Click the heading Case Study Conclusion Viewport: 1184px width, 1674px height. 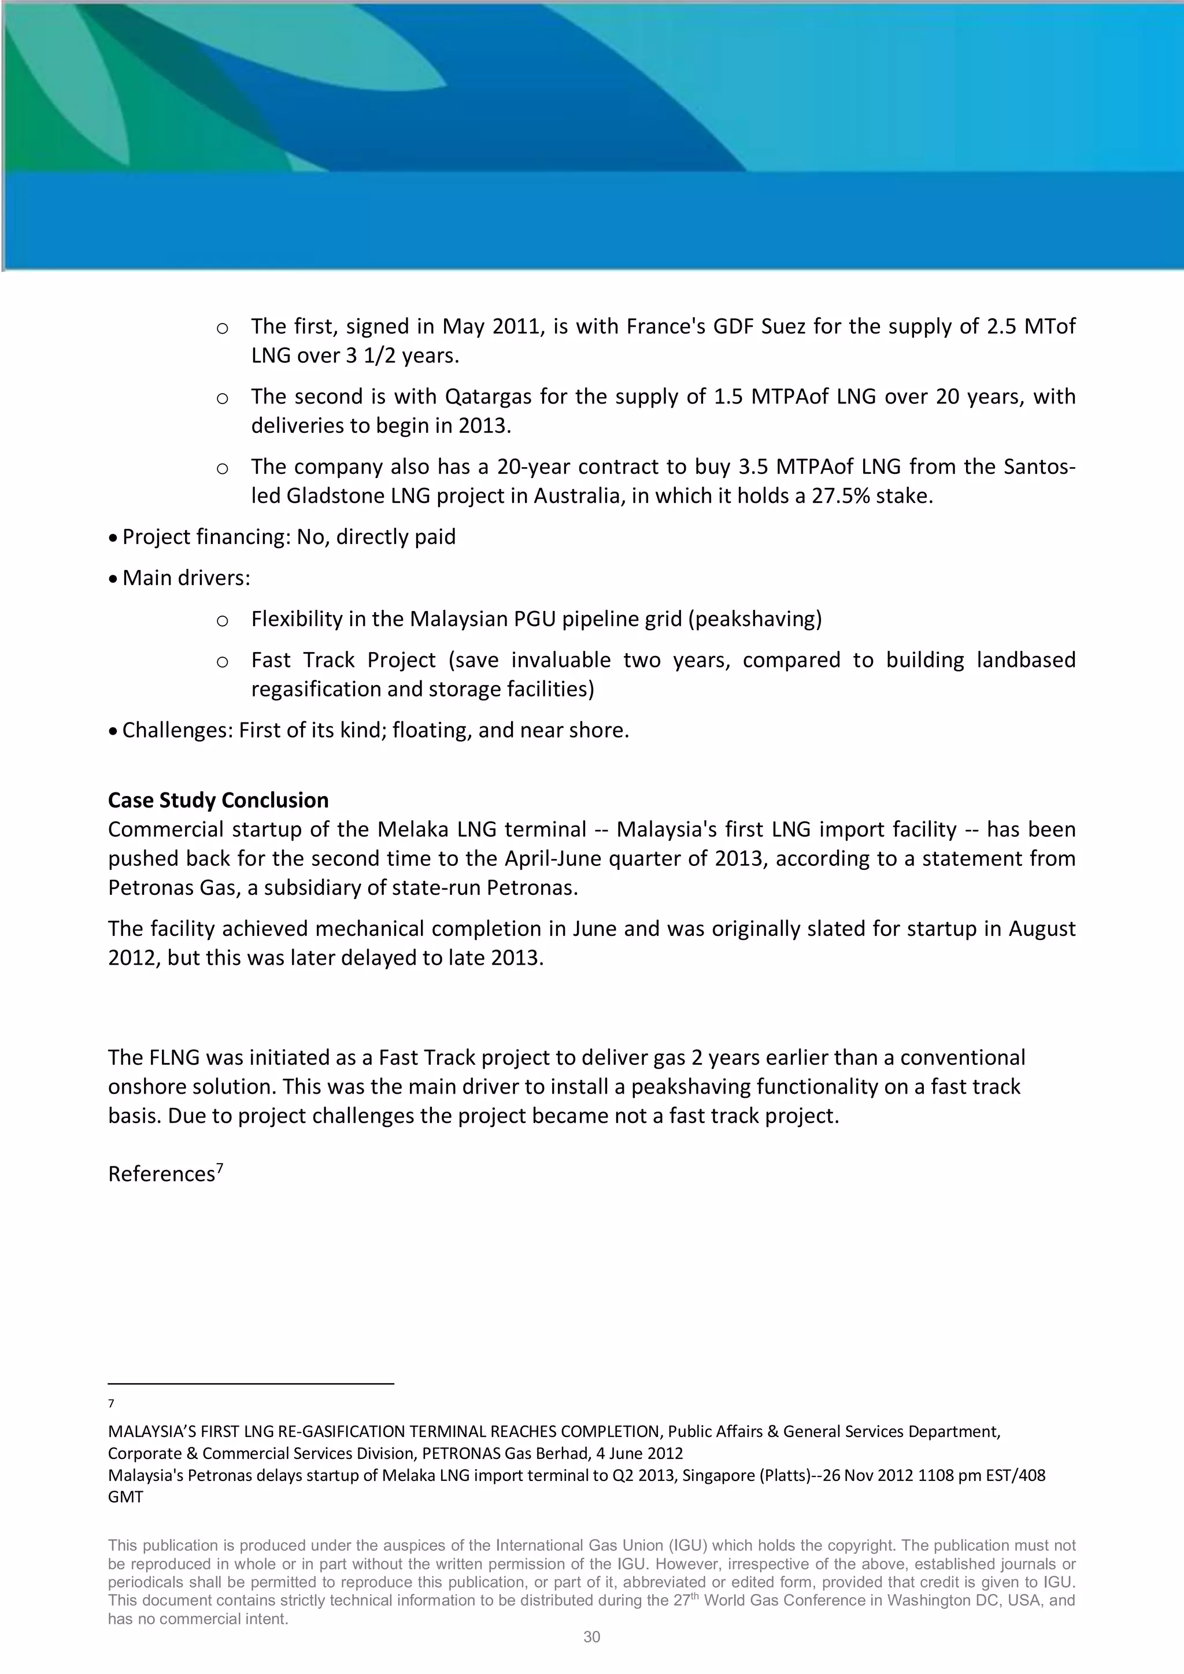click(x=218, y=801)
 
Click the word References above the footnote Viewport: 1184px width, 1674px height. click(x=161, y=1175)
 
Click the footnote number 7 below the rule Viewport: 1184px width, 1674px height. click(x=111, y=1403)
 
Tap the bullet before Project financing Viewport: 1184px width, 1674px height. click(x=112, y=538)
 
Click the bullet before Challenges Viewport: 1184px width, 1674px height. click(x=112, y=731)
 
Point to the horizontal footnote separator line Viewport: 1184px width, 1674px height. click(x=251, y=1383)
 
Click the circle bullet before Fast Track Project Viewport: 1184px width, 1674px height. click(x=223, y=662)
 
